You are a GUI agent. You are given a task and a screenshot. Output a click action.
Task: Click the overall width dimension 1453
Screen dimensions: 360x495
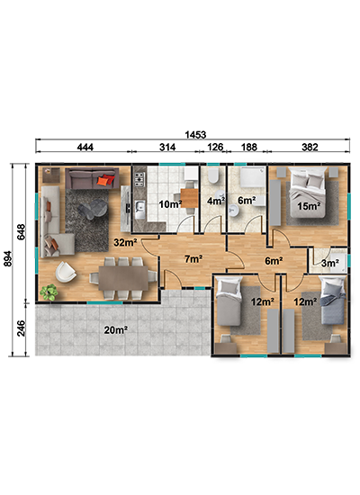pyautogui.click(x=195, y=135)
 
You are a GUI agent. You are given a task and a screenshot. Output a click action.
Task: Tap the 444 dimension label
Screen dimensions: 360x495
pyautogui.click(x=85, y=147)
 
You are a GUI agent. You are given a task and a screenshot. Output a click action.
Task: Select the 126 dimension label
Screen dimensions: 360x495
pyautogui.click(x=215, y=147)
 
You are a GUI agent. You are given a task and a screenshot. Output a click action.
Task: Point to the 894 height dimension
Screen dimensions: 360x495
pyautogui.click(x=7, y=258)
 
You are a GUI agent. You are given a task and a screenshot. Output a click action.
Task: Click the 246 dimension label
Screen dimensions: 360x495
pyautogui.click(x=21, y=328)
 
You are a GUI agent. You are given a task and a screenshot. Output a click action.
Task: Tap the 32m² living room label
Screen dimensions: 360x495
pyautogui.click(x=125, y=242)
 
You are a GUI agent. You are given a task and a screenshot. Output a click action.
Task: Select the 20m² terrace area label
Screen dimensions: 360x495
pyautogui.click(x=116, y=330)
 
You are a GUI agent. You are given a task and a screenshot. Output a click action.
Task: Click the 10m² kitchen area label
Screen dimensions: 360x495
pyautogui.click(x=170, y=204)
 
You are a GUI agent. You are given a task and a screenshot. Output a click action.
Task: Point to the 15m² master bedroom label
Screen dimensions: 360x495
pyautogui.click(x=310, y=206)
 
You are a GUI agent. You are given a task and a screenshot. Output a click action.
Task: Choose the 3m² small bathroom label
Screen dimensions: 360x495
pyautogui.click(x=330, y=263)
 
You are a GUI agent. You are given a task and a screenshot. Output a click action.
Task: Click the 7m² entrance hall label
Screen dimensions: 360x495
pyautogui.click(x=193, y=259)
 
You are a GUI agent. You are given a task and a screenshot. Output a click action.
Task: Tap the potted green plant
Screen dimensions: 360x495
pyautogui.click(x=49, y=292)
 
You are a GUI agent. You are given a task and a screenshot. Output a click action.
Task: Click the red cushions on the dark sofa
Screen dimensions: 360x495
pyautogui.click(x=106, y=180)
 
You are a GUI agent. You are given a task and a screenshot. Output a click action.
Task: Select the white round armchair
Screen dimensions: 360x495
pyautogui.click(x=66, y=272)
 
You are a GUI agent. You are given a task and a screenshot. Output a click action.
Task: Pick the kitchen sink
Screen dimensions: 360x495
pyautogui.click(x=139, y=210)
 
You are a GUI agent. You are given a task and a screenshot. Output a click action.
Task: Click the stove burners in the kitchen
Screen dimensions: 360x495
pyautogui.click(x=139, y=179)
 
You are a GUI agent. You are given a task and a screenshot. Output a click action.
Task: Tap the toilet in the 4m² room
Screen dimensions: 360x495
pyautogui.click(x=213, y=175)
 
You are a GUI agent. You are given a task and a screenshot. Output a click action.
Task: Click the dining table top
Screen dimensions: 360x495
pyautogui.click(x=123, y=278)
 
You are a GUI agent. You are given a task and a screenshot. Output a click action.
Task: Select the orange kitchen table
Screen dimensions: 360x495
pyautogui.click(x=189, y=198)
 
